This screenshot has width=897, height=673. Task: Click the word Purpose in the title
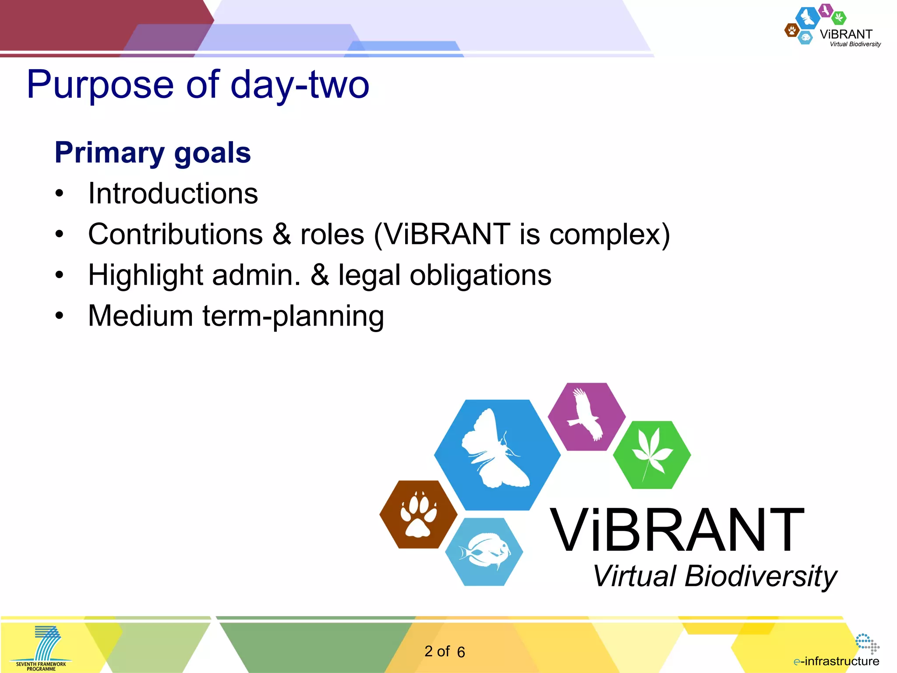(x=100, y=85)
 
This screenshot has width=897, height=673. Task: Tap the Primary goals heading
(x=152, y=153)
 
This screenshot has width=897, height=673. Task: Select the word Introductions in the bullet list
(x=173, y=194)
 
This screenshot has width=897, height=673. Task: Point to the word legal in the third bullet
(x=369, y=276)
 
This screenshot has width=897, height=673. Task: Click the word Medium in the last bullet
(x=141, y=316)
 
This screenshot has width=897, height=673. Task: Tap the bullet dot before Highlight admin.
(x=60, y=276)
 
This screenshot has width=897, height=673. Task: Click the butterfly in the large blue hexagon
(x=495, y=451)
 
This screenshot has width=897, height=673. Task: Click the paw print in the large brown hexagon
(x=418, y=514)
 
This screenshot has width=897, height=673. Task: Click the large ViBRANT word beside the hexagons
(x=677, y=531)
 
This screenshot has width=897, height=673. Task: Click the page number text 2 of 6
(x=444, y=652)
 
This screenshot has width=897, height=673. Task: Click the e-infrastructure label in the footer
(x=837, y=661)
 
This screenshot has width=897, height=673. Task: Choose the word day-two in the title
(x=300, y=85)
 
